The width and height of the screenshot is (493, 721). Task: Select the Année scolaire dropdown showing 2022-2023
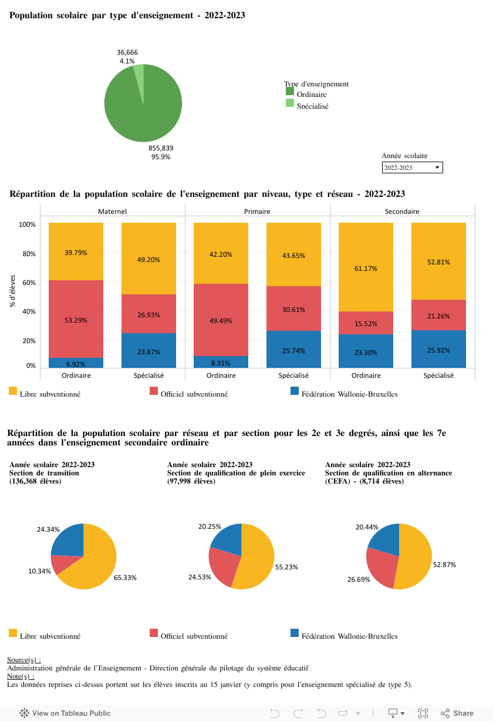[412, 167]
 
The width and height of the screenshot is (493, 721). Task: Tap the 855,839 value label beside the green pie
[161, 148]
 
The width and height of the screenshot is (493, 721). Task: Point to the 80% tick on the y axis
[28, 253]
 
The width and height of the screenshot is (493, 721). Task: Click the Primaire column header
[257, 211]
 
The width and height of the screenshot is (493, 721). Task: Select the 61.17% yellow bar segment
[366, 267]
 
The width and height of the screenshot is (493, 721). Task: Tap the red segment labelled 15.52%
[366, 323]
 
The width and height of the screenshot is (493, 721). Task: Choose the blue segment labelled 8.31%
[221, 362]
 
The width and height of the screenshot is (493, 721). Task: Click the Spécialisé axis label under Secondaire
[438, 375]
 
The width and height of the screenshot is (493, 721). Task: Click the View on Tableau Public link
[65, 713]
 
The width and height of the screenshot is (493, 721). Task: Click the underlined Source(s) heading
[23, 660]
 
